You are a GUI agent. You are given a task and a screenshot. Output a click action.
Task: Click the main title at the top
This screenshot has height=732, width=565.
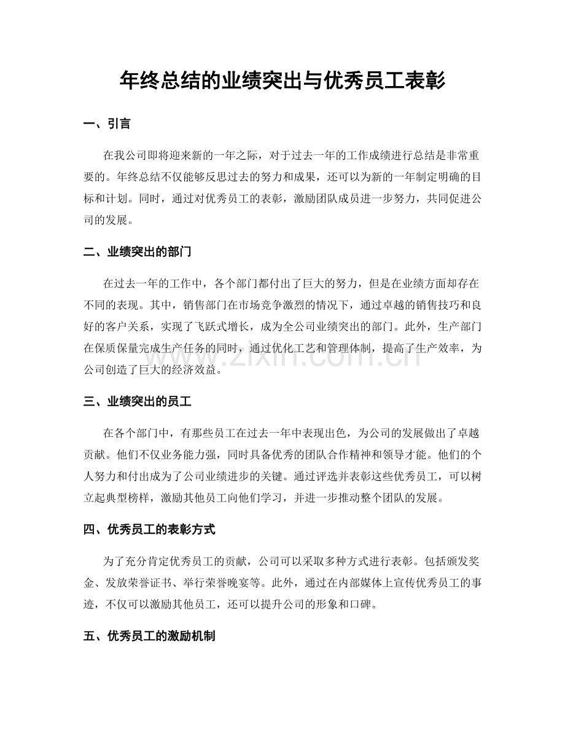tap(282, 81)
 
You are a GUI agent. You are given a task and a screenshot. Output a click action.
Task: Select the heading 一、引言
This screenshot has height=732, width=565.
tap(107, 124)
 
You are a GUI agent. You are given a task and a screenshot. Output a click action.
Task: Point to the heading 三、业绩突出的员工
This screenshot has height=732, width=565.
tap(139, 402)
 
